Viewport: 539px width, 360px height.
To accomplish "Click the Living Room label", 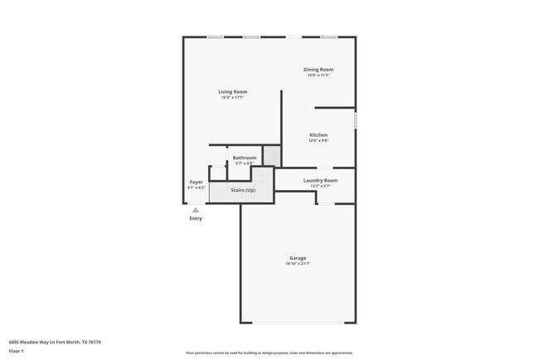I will click(233, 91).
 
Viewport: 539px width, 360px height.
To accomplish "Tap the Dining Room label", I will click(319, 69).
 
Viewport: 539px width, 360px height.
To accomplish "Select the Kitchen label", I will click(318, 134).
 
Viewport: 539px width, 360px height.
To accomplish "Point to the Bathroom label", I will click(244, 158).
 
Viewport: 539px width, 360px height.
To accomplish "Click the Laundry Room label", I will click(320, 180).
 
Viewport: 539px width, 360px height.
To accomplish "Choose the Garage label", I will click(298, 258).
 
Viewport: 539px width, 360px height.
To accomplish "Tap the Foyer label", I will click(196, 182).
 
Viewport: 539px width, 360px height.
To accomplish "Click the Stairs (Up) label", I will click(243, 190).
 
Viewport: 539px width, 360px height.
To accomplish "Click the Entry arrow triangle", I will click(196, 210).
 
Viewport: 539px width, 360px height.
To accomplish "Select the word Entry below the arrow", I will click(196, 218).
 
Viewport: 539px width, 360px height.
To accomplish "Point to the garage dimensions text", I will click(298, 264).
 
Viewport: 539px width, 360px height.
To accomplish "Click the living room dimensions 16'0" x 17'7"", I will click(233, 98).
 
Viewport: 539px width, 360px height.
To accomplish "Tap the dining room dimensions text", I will click(319, 75).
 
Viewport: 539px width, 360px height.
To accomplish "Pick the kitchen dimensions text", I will click(318, 141).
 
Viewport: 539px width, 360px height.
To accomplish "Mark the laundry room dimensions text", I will click(320, 186).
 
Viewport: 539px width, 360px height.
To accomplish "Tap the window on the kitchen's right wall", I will click(356, 120).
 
